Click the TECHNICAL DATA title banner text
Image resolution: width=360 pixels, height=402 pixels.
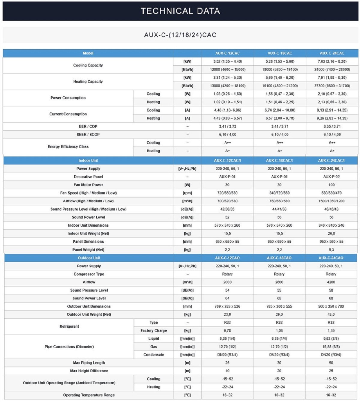point(180,11)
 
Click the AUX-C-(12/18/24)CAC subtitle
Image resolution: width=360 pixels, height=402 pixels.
point(180,35)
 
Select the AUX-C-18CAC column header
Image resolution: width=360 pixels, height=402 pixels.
point(280,53)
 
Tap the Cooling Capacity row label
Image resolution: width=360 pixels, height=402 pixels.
point(88,65)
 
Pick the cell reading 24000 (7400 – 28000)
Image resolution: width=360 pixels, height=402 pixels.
point(332,70)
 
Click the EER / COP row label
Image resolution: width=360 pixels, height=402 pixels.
point(88,127)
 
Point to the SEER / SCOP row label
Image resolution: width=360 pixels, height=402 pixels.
point(88,135)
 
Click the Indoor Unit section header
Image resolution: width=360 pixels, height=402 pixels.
point(88,161)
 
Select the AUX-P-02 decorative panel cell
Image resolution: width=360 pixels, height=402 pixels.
point(331,177)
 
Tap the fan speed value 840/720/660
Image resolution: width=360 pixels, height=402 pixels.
point(279,193)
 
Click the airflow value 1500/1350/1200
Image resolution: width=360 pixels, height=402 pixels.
point(331,201)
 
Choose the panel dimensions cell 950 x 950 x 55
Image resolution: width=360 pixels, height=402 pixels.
point(331,242)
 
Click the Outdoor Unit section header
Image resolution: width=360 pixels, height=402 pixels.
point(89,258)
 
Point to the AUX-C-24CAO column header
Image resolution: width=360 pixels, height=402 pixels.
point(331,258)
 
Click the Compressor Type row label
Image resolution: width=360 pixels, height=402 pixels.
point(89,274)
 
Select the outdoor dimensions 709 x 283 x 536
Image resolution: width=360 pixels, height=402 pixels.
point(227,306)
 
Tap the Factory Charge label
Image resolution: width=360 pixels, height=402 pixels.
point(154,331)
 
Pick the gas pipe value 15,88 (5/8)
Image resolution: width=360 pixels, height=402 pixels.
point(331,347)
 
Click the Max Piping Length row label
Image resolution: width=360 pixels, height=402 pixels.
point(89,363)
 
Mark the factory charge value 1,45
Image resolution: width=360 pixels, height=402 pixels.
point(331,331)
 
